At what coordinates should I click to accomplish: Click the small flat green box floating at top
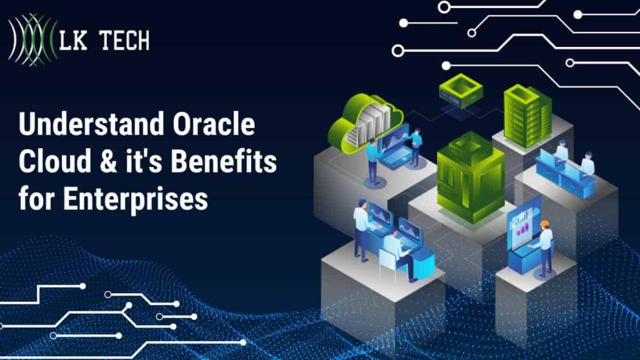[x=461, y=90]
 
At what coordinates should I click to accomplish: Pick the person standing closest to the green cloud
[x=373, y=159]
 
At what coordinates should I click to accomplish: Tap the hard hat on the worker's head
[x=544, y=224]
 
